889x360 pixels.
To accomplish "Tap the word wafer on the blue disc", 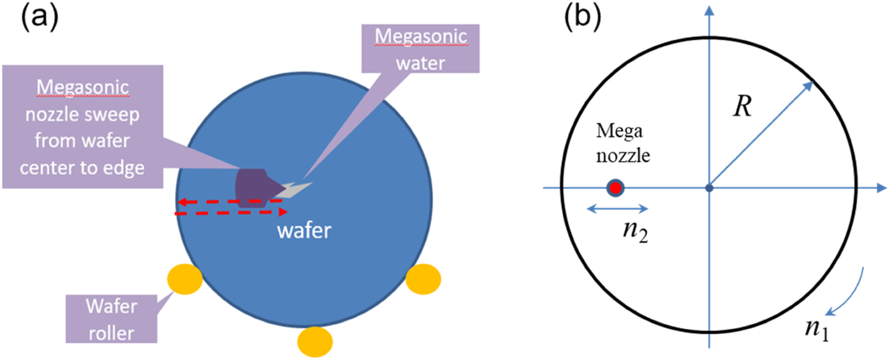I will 304,230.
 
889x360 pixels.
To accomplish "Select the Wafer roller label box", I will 111,319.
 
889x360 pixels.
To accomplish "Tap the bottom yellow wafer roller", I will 315,341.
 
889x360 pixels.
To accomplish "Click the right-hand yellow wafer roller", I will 424,279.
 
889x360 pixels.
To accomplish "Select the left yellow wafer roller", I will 185,278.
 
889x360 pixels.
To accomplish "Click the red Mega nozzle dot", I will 616,188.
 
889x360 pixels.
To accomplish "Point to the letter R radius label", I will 742,106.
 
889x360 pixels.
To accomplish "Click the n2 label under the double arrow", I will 635,231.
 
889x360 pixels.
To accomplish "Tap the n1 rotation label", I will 817,328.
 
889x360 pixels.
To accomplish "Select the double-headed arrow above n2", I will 618,209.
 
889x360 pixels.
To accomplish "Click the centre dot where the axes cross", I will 709,188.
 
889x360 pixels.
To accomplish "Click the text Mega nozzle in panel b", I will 622,143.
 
